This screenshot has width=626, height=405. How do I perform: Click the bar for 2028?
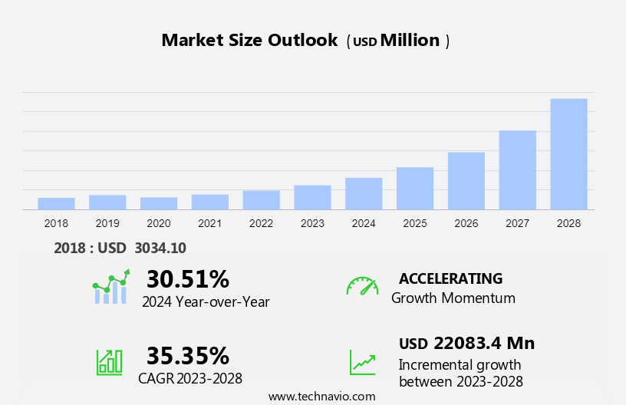568,153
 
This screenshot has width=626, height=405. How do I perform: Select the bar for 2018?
56,203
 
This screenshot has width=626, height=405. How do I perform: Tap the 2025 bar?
415,188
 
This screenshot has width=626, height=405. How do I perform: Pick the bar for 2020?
159,203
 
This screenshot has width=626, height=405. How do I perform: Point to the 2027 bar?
517,170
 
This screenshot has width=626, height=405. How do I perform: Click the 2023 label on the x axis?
312,223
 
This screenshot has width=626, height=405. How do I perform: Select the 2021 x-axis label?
209,223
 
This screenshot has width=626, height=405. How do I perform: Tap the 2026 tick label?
466,223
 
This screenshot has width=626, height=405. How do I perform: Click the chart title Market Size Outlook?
249,41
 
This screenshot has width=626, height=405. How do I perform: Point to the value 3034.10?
160,248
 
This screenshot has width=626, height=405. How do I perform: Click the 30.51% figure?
187,278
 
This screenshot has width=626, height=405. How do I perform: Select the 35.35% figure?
187,356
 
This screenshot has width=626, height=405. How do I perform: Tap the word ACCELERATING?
450,278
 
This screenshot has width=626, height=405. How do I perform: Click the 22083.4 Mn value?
483,343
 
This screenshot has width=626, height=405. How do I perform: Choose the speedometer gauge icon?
362,286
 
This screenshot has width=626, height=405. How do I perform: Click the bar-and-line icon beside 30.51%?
110,288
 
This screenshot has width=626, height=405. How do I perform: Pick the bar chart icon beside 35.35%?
109,361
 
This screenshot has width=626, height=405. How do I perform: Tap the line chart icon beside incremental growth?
362,362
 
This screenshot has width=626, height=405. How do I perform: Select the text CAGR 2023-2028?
190,378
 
